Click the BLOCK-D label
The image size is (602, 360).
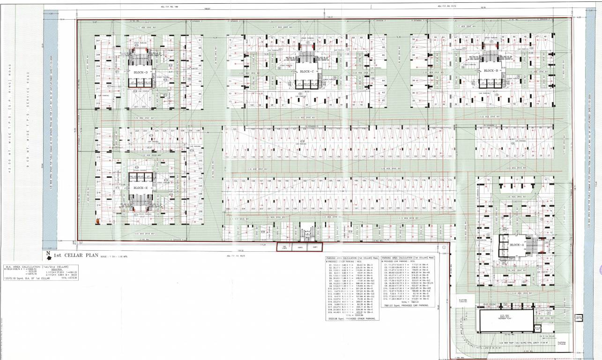pos(141,73)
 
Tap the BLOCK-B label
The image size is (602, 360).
pos(491,71)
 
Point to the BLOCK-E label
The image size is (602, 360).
pos(141,188)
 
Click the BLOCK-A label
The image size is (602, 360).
pos(516,245)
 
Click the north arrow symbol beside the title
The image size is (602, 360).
pos(48,255)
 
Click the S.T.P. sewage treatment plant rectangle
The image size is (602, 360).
pos(505,319)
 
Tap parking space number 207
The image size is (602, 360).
pos(98,41)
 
